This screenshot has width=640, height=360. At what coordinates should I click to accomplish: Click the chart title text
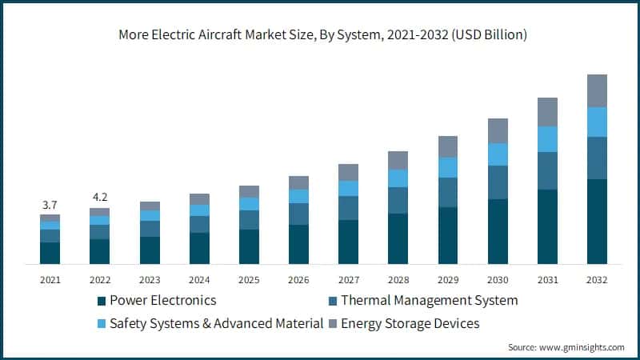coord(319,36)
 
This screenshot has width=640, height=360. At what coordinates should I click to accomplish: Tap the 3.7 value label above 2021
coord(50,206)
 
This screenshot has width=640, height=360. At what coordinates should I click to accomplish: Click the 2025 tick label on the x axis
coord(249,280)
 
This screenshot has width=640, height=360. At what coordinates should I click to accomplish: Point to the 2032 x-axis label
coord(597,280)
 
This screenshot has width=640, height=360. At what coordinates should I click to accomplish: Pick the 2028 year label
coord(398,280)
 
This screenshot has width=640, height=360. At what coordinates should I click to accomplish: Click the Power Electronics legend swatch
coord(102,301)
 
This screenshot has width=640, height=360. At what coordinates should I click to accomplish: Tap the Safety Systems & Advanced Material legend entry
coord(216,323)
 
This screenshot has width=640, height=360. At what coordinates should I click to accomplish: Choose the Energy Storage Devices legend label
coord(410,323)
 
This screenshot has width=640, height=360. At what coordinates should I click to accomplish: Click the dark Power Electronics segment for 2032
coord(597,222)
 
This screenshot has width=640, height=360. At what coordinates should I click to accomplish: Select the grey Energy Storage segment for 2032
coord(597,90)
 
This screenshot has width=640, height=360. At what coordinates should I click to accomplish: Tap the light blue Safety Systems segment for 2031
coord(547,139)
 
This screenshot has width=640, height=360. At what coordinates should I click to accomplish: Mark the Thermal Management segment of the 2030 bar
coord(498,182)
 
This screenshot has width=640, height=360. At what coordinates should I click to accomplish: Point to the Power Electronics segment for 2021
coord(50,253)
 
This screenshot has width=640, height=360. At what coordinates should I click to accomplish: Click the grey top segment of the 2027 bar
coord(348,172)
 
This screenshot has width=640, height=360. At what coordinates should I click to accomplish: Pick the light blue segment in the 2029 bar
coord(448,166)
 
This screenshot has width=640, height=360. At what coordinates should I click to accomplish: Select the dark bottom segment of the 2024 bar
coord(199,248)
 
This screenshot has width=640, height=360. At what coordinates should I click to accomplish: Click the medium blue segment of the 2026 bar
coord(298,214)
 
